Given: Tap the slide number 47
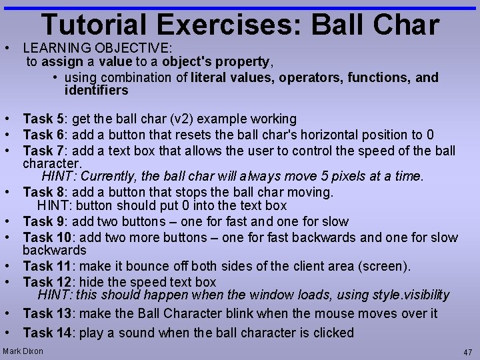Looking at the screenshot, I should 467,352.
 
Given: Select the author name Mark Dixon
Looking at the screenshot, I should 23,351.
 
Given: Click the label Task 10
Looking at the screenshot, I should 47,237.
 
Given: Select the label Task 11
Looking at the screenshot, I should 47,267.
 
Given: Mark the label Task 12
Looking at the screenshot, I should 47,281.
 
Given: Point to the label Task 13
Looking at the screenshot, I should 47,313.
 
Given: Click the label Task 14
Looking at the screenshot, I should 47,333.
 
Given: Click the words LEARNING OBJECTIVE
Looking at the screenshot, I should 97,48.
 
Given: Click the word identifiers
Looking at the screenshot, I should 96,90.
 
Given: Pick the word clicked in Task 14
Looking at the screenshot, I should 331,333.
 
